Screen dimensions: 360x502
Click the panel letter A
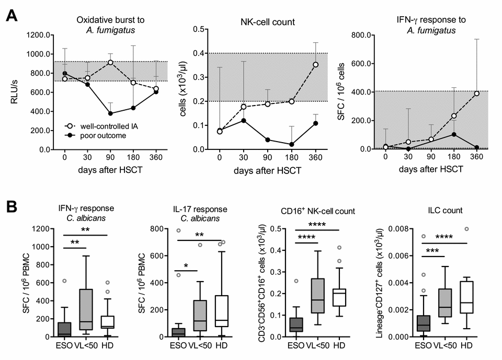(14, 15)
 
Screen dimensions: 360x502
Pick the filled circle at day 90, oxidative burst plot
(110, 113)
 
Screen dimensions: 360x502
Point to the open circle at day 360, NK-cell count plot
(315, 65)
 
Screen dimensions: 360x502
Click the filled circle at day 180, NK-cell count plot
(291, 145)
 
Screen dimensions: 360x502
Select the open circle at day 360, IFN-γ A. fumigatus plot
(475, 94)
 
